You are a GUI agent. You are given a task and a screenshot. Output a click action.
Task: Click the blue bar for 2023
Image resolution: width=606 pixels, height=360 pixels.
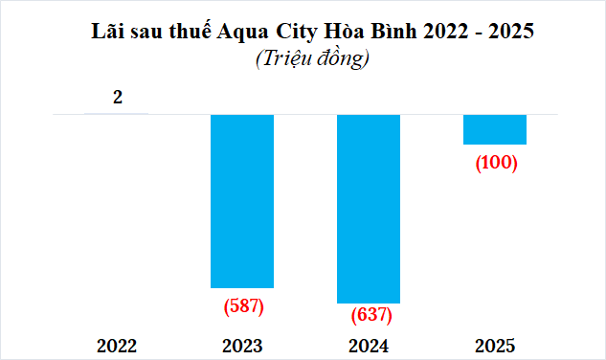242,200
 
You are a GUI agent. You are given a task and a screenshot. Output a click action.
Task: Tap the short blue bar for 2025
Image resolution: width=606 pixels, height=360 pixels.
495,129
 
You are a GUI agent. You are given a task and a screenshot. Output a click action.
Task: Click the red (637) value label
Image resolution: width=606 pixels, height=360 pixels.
369,314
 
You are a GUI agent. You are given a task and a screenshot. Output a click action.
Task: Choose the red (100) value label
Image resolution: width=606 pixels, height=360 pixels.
496,162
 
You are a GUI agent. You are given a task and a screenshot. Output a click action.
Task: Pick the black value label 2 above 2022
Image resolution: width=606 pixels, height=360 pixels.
117,97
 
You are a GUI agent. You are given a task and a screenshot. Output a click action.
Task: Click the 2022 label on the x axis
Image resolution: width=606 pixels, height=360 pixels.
117,346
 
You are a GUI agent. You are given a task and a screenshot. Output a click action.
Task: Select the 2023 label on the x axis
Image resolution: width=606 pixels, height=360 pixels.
242,346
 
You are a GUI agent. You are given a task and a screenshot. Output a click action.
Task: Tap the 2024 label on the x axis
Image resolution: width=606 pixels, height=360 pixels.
369,346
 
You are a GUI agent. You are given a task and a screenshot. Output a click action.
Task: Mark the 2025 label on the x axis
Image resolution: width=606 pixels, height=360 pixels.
495,346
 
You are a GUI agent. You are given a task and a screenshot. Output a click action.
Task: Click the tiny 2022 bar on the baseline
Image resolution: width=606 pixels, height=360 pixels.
117,114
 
